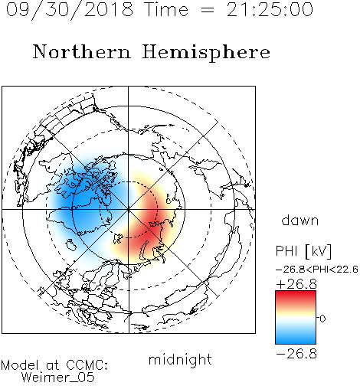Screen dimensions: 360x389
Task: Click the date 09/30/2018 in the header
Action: pyautogui.click(x=70, y=10)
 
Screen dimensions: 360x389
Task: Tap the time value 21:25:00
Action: pyautogui.click(x=270, y=10)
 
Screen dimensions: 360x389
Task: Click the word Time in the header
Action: pyautogui.click(x=166, y=10)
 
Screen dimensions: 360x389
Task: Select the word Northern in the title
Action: pyautogui.click(x=82, y=51)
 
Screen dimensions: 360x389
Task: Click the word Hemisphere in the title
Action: pyautogui.click(x=206, y=53)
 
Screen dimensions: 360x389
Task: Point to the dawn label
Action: pyautogui.click(x=300, y=220)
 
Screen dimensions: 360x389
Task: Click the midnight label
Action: pyautogui.click(x=180, y=359)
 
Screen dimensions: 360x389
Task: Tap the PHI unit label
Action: pyautogui.click(x=303, y=251)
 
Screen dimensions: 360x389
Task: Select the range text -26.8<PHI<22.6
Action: pyautogui.click(x=317, y=270)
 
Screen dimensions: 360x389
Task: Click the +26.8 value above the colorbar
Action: pyautogui.click(x=296, y=284)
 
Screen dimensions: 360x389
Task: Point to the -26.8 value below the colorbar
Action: pyautogui.click(x=296, y=354)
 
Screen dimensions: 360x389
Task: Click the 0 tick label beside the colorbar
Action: pyautogui.click(x=322, y=319)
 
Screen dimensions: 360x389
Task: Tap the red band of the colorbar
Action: pyautogui.click(x=296, y=297)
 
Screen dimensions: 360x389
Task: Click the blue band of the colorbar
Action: pyautogui.click(x=296, y=337)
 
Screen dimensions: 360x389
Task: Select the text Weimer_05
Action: pyautogui.click(x=58, y=378)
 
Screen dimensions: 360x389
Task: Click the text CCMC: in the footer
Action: pyautogui.click(x=87, y=365)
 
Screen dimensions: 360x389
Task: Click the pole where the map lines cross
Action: pyautogui.click(x=129, y=210)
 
